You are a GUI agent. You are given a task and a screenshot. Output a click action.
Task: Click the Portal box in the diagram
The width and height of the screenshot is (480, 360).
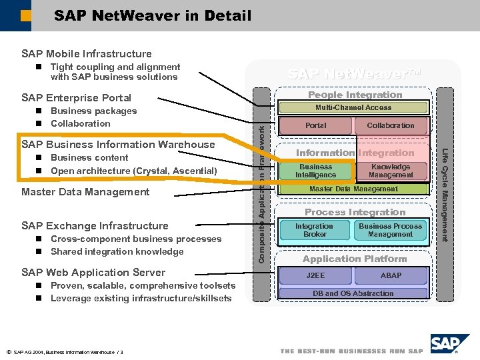coord(315,125)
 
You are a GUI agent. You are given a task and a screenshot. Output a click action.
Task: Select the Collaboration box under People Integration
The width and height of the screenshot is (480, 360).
coord(390,125)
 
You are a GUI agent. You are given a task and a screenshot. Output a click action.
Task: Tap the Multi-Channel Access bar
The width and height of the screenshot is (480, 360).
coord(353,107)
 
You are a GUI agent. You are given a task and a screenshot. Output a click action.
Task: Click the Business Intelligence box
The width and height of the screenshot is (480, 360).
coord(316,171)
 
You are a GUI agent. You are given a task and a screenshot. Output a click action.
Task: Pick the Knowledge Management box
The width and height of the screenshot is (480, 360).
coord(391,171)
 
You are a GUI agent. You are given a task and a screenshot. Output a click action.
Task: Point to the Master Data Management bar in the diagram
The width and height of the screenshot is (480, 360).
coord(353,189)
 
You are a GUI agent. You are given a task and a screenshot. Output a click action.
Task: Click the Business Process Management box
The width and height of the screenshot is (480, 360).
coord(390,230)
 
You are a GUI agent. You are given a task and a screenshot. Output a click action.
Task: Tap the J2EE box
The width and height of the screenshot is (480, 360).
coord(315,275)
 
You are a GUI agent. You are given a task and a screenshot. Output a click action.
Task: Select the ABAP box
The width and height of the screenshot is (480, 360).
coord(391,275)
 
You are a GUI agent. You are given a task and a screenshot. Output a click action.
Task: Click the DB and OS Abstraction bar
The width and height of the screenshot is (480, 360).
coord(353,293)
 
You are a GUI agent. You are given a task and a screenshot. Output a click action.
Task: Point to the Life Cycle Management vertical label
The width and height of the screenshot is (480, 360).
coord(445,193)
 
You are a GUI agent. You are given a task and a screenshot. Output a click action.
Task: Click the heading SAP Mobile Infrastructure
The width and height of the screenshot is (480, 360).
coord(87,54)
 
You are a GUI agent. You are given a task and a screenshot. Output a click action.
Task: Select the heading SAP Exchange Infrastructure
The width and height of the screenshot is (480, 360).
coord(95,226)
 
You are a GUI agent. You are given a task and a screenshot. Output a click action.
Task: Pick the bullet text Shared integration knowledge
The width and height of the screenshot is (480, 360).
coord(117,252)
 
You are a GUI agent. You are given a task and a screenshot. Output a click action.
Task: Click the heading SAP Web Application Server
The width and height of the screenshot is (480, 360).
coord(93,273)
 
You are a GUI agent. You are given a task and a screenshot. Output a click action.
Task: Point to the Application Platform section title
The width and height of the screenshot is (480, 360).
coord(354,259)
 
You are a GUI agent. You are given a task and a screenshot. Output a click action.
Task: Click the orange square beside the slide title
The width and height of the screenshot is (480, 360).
coord(25,15)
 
